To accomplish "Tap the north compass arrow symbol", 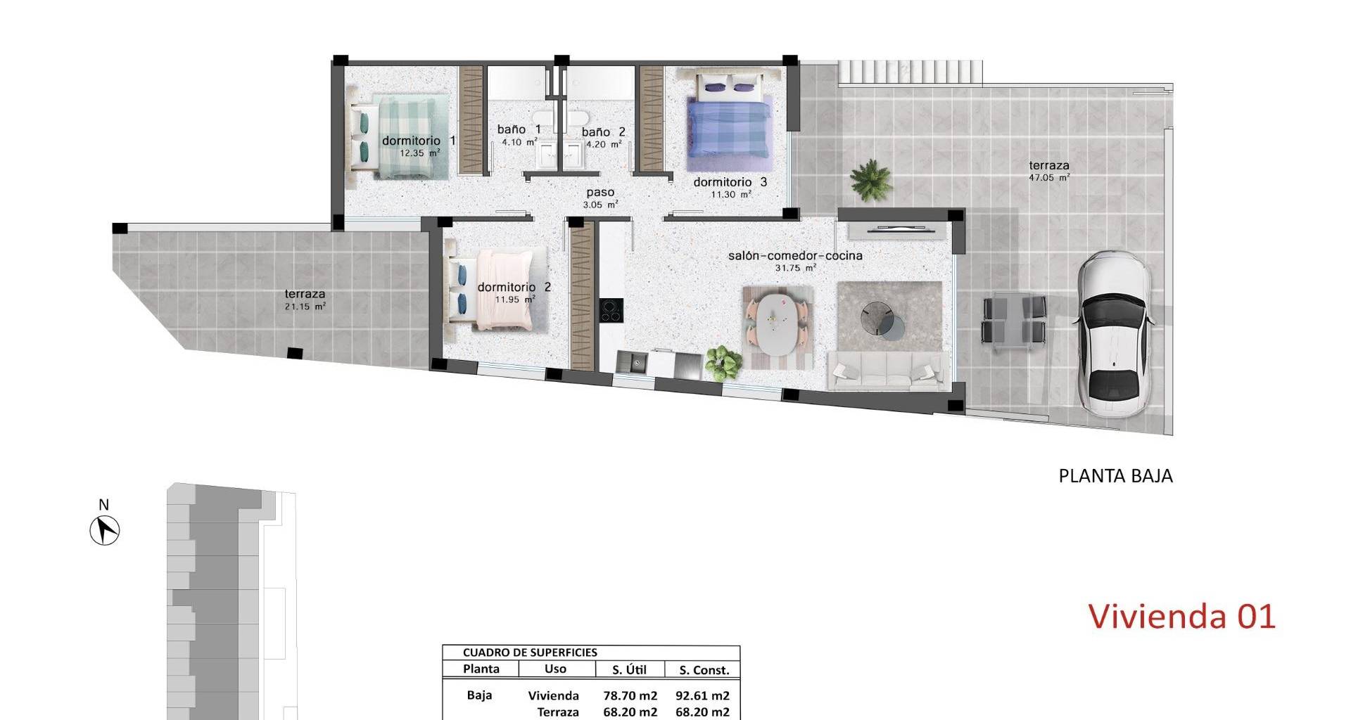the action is coord(105,529).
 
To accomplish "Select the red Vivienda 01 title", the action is coord(1182,617).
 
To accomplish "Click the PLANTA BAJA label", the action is coord(1115,476).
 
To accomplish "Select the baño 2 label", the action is coord(603,131).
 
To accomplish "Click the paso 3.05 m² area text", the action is coord(600,198).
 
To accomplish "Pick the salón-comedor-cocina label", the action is coord(795,256).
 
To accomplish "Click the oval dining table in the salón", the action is coord(780,327).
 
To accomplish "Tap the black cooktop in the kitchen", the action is coord(611,310).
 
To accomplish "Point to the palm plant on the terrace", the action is coord(870,180).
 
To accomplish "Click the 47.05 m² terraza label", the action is coord(1049,172).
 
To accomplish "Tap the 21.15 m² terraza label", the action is coord(305,300).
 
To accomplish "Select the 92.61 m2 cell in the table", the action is coord(702,696).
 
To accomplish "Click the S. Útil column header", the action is coord(630,670).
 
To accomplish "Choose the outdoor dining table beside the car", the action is coord(1014,320).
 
